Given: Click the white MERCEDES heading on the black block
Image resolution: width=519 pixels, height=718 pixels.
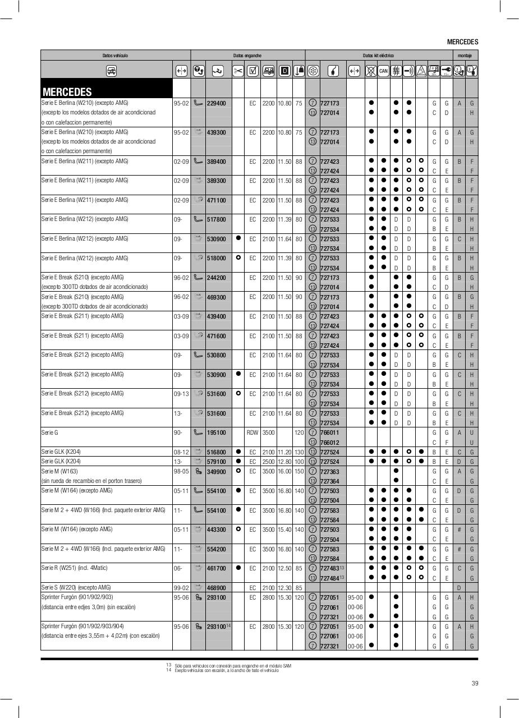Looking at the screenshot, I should tap(67, 92).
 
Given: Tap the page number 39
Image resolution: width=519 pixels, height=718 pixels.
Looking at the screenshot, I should tap(475, 683).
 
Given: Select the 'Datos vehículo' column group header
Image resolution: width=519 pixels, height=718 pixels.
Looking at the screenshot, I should tap(115, 56).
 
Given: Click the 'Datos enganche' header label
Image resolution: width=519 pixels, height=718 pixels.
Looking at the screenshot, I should tap(247, 56).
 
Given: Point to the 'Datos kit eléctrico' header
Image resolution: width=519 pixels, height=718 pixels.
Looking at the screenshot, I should tap(378, 56).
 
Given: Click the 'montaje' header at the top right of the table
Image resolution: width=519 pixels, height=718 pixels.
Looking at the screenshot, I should tap(465, 56).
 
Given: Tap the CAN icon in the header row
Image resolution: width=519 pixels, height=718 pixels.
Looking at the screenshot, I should tap(383, 71).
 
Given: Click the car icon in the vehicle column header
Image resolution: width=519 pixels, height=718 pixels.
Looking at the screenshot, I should tap(111, 71).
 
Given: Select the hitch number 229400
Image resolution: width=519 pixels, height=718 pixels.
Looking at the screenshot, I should tap(216, 103).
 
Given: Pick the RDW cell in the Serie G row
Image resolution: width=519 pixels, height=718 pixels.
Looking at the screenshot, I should tap(252, 433).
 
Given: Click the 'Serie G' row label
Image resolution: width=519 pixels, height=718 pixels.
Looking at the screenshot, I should tap(50, 433).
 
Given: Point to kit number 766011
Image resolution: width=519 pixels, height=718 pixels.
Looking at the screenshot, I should tap(330, 433).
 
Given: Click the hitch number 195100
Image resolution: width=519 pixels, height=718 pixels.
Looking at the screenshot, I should tap(216, 433).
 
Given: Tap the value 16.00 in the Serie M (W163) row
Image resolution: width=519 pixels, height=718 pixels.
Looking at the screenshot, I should tap(285, 472).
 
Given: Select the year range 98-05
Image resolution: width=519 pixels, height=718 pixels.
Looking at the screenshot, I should tap(181, 472).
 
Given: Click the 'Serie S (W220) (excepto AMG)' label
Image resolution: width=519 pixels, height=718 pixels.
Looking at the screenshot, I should tap(76, 587).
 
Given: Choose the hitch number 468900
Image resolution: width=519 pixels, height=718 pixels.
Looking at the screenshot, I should tap(216, 588).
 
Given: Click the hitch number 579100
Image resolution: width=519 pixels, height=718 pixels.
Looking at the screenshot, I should tap(216, 462).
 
